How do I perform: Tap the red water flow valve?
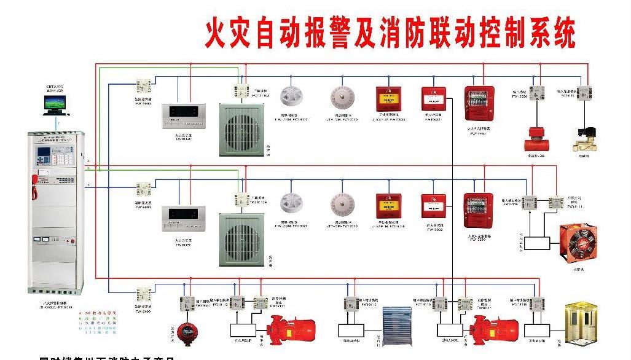(x=535, y=140)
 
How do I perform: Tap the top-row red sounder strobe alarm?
(x=479, y=103)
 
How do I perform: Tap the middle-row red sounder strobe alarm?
(x=479, y=211)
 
